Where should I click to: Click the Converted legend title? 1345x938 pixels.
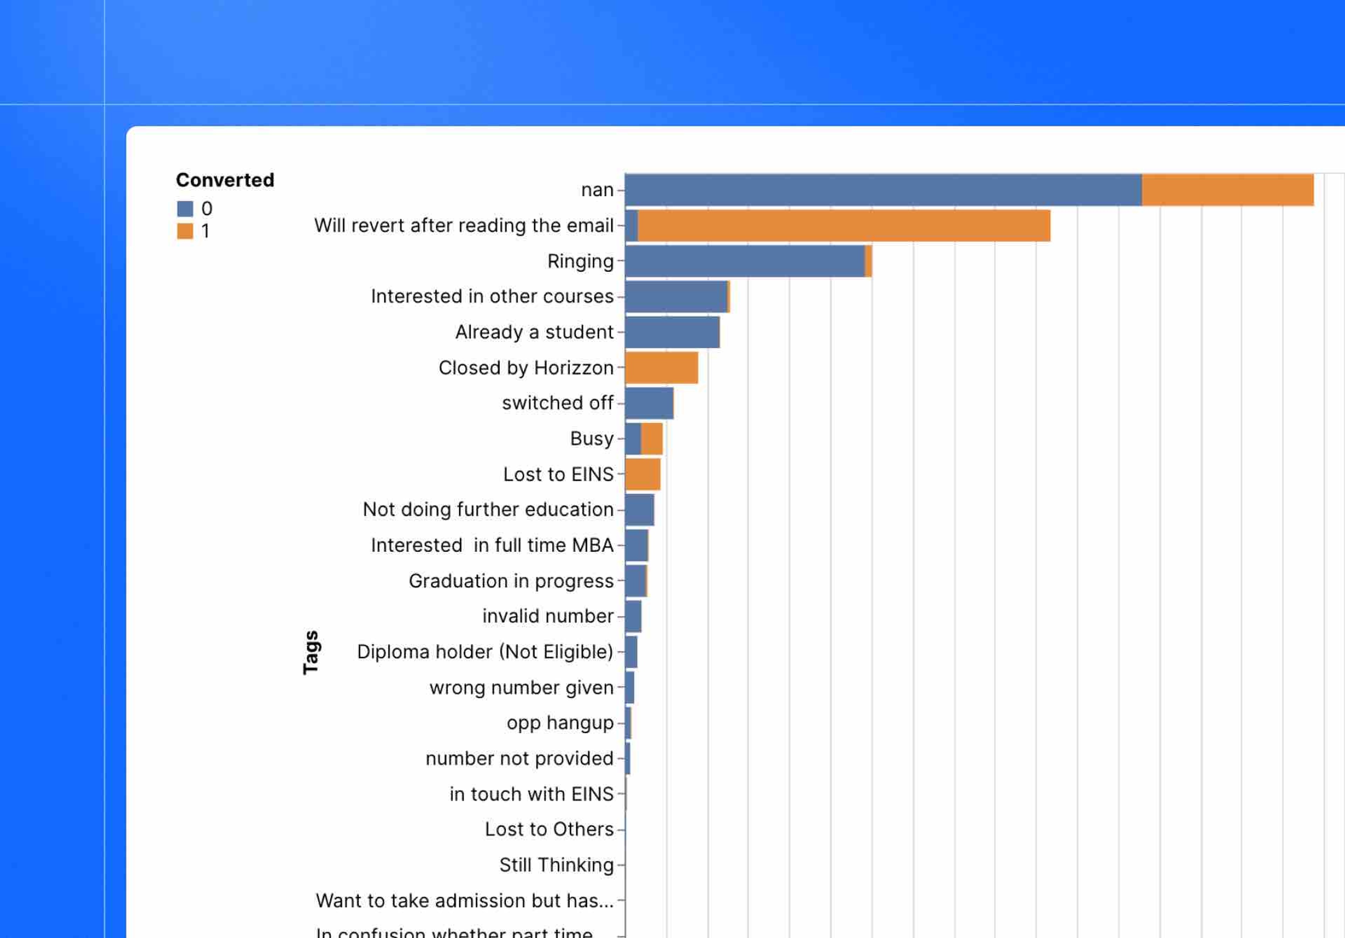(x=225, y=180)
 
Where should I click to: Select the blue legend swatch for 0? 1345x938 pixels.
(x=185, y=209)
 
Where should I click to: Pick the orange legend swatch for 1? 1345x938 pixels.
(x=185, y=231)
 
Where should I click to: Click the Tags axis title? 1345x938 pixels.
(x=310, y=652)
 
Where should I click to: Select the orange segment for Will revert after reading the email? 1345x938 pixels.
(x=843, y=225)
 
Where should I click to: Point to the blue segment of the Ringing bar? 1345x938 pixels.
(x=745, y=261)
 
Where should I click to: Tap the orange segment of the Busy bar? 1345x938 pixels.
(x=651, y=439)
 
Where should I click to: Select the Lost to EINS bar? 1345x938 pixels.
(x=643, y=474)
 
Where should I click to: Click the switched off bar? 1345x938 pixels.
(x=649, y=403)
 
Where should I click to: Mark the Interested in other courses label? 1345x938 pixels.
(x=492, y=296)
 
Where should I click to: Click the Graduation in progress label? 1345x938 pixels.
(x=511, y=581)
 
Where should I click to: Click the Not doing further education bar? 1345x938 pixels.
(x=639, y=509)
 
